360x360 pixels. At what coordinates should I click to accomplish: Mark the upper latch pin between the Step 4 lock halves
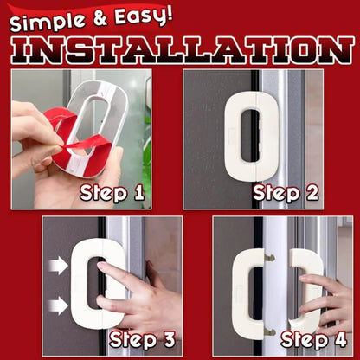271,257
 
